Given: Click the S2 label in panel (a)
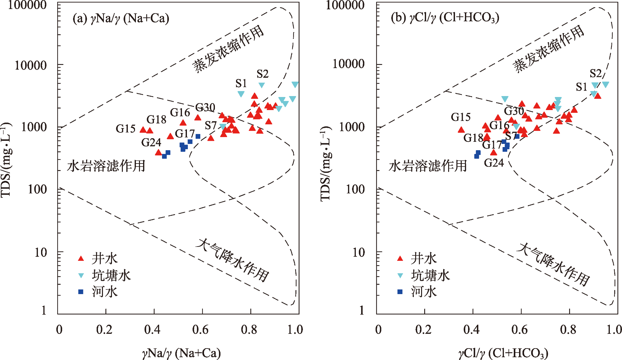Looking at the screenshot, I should tap(262, 74).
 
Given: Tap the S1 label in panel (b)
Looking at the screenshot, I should tap(581, 87).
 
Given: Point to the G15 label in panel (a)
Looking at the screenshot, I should tap(125, 129).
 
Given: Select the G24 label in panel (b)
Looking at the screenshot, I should tap(494, 163).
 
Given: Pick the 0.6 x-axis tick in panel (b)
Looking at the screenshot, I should tap(519, 330).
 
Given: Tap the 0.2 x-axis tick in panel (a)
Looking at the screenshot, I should tap(104, 330).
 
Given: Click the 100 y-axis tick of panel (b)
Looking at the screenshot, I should tap(355, 189).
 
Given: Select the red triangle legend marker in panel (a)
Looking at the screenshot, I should tap(81, 258).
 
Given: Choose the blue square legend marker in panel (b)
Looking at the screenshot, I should tap(400, 292).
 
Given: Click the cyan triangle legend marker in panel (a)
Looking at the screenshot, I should tap(81, 275).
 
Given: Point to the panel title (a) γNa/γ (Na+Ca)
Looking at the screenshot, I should tap(121, 18).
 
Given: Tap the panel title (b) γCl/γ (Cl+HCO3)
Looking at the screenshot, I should tap(445, 18).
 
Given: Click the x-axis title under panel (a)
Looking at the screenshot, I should tap(181, 353).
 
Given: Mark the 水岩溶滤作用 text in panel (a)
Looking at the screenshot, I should tap(106, 166).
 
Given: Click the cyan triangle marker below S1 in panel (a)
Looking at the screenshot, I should tap(241, 94).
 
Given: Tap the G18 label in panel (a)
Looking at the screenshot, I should tap(156, 119).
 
